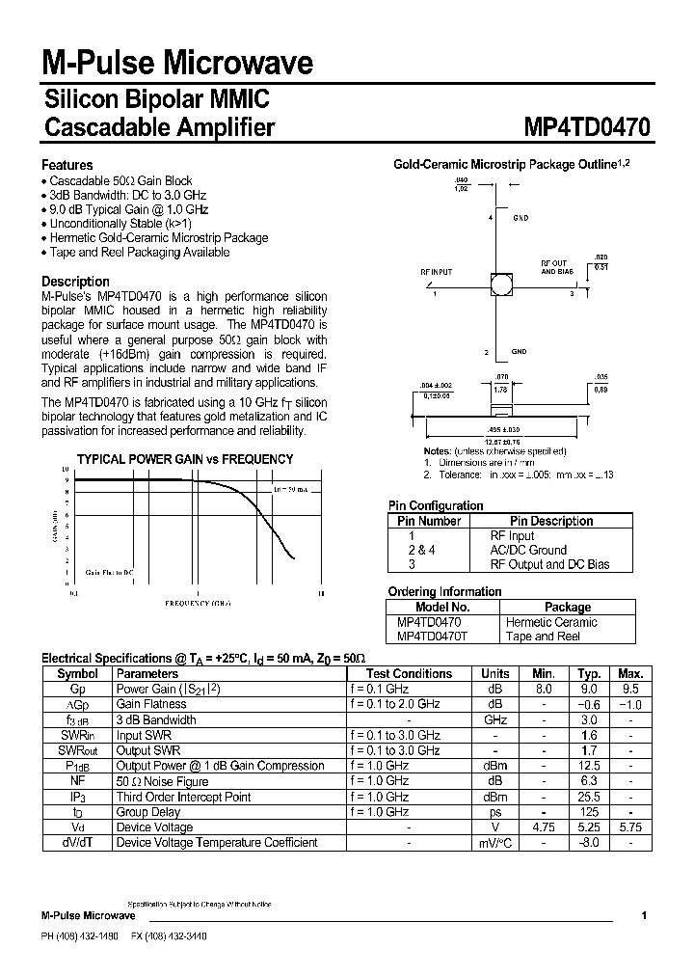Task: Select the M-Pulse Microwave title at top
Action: [177, 64]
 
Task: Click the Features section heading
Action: [67, 165]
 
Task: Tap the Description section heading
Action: [75, 282]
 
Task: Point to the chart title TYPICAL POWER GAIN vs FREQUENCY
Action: [185, 459]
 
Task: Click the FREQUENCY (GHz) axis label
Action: [198, 602]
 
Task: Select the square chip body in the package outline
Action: [500, 284]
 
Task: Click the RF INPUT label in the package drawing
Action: [436, 272]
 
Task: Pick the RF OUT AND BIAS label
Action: [554, 267]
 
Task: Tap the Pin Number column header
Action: [429, 521]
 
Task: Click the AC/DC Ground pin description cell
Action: [528, 550]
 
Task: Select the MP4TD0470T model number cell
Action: [433, 637]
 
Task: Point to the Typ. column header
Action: [589, 673]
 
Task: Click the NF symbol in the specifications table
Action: [77, 781]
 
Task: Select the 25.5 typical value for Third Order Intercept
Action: [589, 797]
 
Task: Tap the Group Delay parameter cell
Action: [148, 812]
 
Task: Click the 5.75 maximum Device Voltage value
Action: [630, 827]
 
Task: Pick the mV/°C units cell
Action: [495, 843]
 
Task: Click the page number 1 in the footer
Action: [644, 915]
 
